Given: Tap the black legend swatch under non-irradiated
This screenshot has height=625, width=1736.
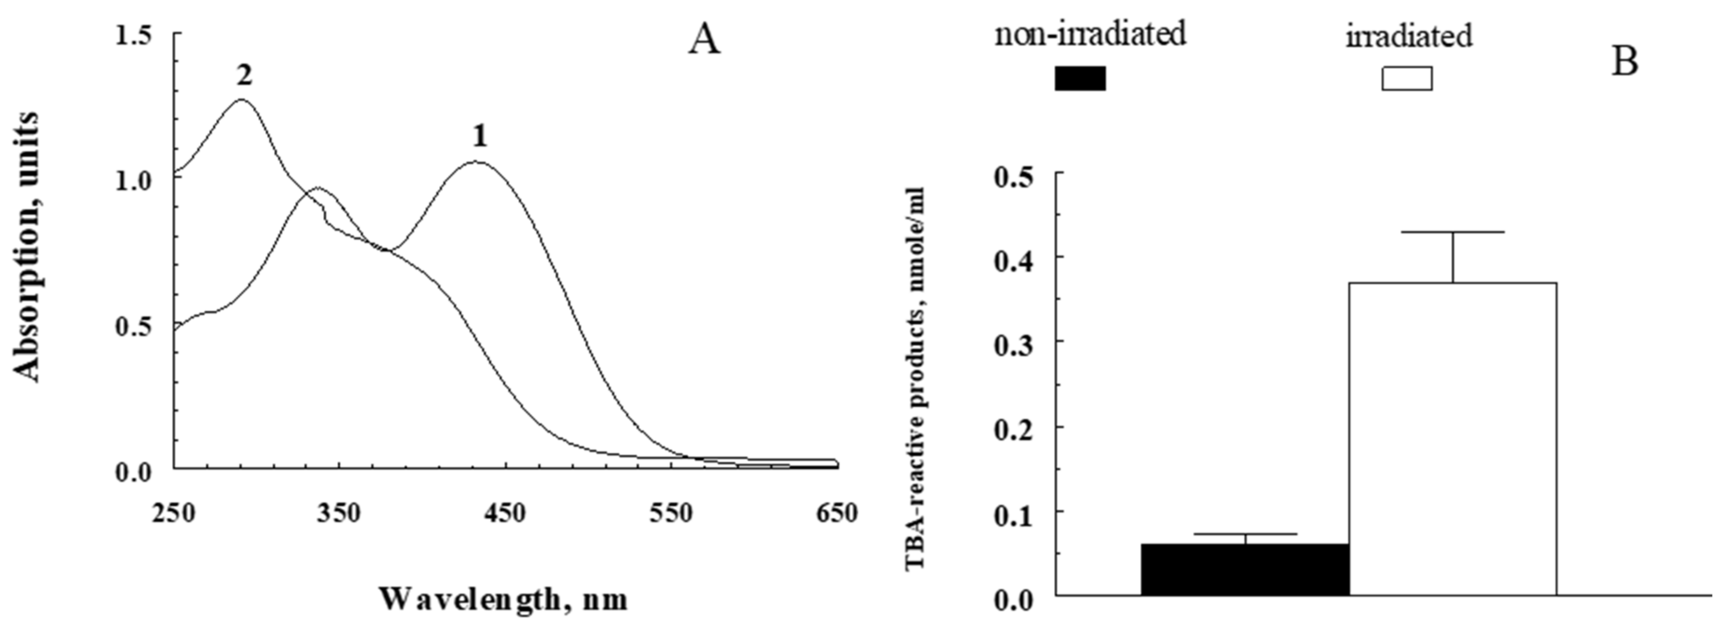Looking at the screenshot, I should coord(1080,78).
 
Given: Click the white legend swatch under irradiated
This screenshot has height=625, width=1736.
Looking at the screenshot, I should coord(1407,78).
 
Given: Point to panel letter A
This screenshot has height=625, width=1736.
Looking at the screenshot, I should coord(704,42).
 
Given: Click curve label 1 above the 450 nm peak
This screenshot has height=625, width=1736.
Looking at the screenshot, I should coord(479,137).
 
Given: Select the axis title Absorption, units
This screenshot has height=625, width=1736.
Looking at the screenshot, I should coord(27,248).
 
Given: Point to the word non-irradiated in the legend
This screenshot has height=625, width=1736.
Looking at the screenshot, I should coord(1090,34).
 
